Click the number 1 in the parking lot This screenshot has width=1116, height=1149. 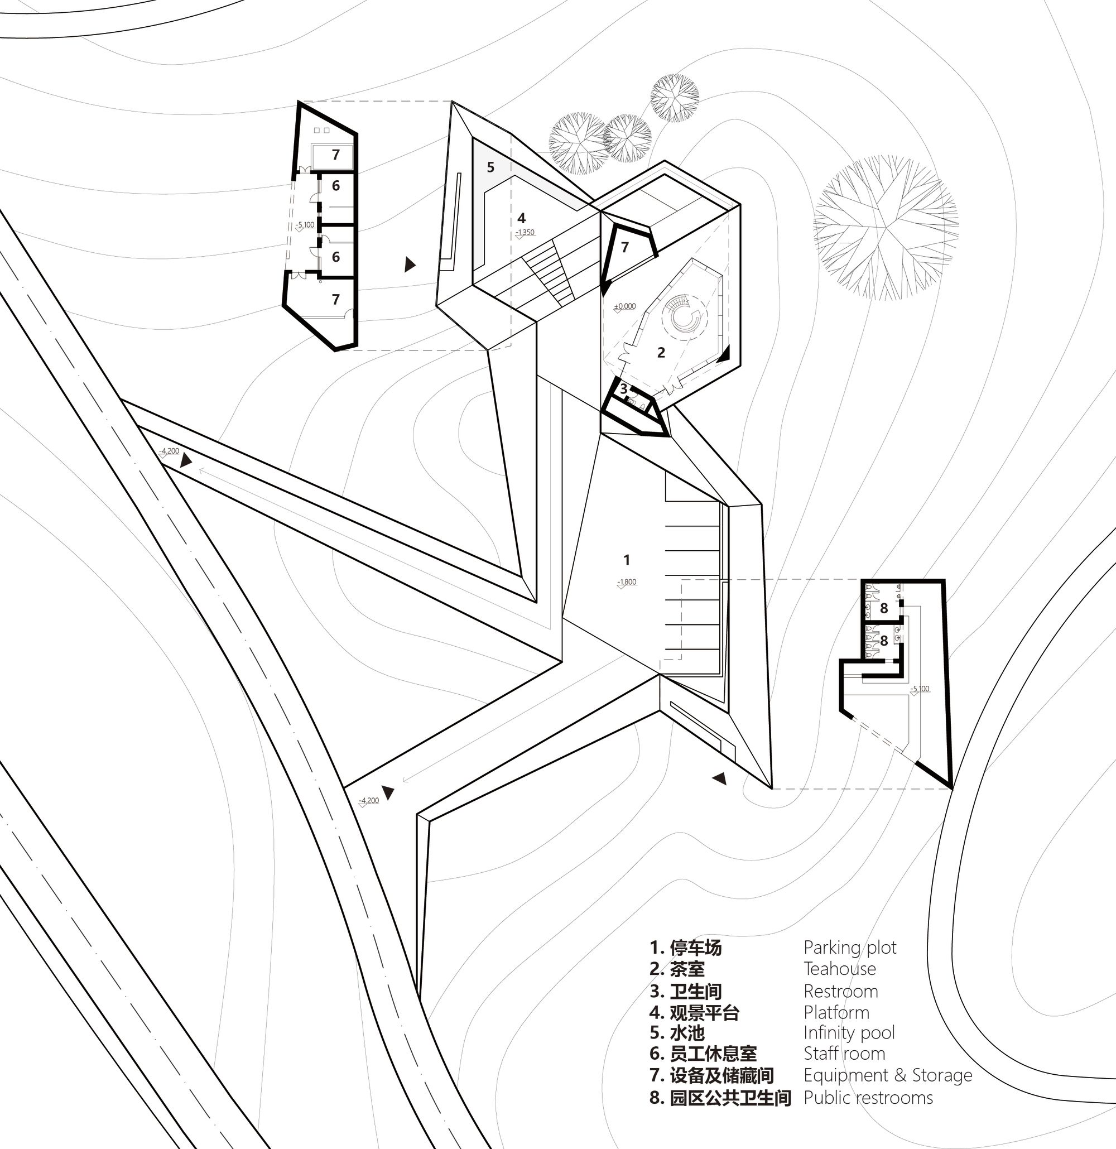coord(627,560)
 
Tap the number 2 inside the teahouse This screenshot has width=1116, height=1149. coord(661,352)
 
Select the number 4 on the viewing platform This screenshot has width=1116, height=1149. coord(522,219)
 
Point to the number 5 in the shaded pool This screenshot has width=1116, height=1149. coord(490,167)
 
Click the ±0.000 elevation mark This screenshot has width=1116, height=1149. coord(625,306)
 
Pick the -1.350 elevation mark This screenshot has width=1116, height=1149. coord(525,232)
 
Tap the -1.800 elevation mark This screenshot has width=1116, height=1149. coord(627,582)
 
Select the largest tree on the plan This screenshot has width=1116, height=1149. coord(886,228)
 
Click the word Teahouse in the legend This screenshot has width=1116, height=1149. coord(839,969)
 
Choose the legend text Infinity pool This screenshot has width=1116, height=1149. coord(849,1032)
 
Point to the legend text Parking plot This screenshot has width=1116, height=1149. coord(850,948)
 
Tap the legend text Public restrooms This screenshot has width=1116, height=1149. coord(868,1098)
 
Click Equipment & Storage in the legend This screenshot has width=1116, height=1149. coord(887,1075)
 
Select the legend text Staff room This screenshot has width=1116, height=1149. coord(844,1054)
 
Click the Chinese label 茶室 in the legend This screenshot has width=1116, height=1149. coord(687,969)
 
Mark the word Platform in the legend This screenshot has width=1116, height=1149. coord(836,1012)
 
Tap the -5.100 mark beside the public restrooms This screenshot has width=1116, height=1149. coord(920,689)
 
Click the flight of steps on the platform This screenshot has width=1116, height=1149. coord(549,272)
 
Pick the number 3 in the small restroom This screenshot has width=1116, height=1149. coord(624,388)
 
